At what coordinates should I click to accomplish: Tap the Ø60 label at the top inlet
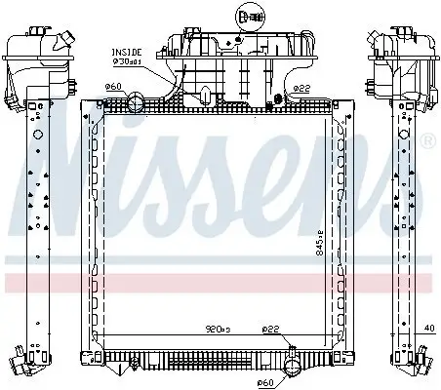114,87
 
